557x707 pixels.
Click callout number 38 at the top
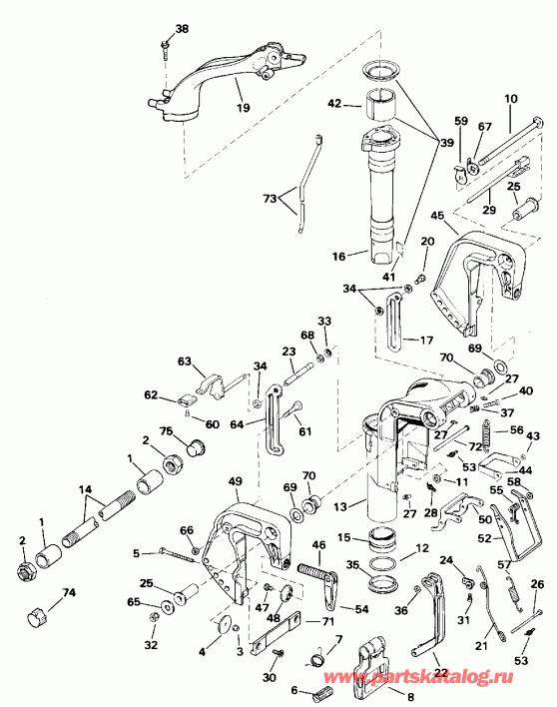[181, 28]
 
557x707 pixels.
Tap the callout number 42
[334, 103]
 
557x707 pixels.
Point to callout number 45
[436, 215]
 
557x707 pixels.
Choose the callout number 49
[236, 482]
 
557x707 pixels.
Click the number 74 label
[68, 592]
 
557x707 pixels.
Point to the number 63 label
[184, 361]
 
